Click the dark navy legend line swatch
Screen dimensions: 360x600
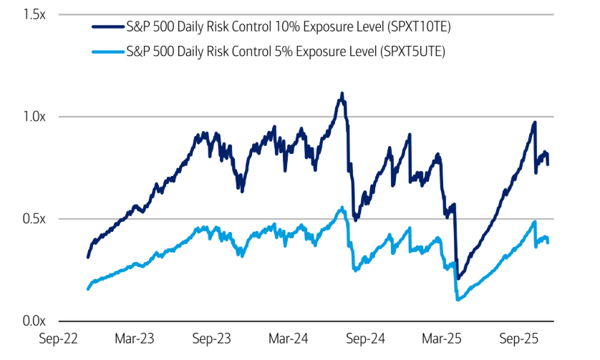107,27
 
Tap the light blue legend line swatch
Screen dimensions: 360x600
107,52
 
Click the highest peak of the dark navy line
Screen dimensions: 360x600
342,93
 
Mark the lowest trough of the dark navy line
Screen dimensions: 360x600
458,278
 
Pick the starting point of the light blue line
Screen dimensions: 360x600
87,289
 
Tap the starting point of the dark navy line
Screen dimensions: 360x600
87,257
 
